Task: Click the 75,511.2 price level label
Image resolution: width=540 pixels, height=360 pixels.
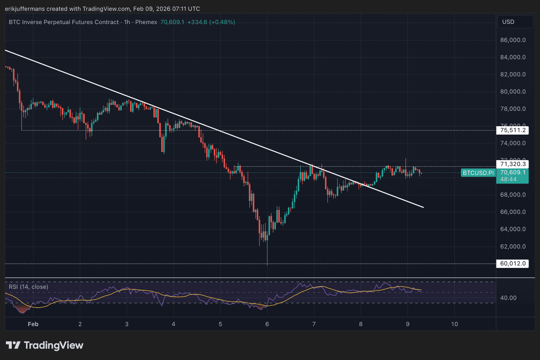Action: [x=512, y=130]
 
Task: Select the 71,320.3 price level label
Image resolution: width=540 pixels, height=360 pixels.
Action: [x=512, y=164]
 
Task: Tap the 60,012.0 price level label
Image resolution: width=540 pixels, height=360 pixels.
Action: [x=512, y=263]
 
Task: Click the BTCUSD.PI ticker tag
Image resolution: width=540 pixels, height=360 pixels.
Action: [x=478, y=173]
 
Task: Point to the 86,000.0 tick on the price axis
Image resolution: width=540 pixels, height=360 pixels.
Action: [x=513, y=40]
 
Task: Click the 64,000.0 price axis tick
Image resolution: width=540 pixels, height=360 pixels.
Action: [x=513, y=229]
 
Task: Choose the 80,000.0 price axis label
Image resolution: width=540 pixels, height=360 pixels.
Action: [x=513, y=92]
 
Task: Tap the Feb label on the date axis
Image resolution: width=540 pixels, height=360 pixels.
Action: [x=33, y=324]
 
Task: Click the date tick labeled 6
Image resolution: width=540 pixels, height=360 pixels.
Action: [x=267, y=324]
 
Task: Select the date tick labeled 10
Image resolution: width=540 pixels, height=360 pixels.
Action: [x=454, y=324]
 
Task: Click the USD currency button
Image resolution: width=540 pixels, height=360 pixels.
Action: [x=508, y=22]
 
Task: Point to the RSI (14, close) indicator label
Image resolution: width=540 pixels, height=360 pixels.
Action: [x=29, y=287]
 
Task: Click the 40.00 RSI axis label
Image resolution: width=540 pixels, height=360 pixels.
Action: [x=508, y=298]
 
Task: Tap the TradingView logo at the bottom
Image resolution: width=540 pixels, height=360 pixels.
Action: [x=45, y=345]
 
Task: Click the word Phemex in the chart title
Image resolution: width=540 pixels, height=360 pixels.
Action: [x=146, y=22]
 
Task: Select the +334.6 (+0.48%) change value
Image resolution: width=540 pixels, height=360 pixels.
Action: [x=211, y=22]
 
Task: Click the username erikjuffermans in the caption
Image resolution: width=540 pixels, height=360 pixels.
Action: [x=25, y=9]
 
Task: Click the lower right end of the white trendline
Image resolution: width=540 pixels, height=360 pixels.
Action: [x=423, y=207]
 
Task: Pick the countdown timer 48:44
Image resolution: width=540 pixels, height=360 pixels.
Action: [x=508, y=179]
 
